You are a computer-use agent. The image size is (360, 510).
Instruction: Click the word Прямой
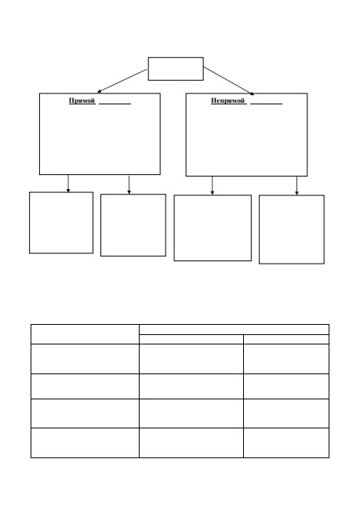click(x=82, y=101)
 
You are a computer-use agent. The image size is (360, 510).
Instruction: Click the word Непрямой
click(x=227, y=101)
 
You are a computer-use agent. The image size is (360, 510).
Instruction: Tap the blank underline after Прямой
click(x=115, y=104)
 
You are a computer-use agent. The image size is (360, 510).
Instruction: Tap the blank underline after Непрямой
click(x=266, y=104)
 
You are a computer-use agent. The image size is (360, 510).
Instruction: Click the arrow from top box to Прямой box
click(x=122, y=81)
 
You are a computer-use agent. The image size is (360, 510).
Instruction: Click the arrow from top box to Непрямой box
click(x=229, y=81)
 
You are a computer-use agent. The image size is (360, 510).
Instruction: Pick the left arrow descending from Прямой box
click(x=68, y=184)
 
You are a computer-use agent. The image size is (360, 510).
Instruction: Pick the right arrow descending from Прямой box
click(x=129, y=185)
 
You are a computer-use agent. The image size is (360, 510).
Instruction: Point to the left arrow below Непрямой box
click(x=213, y=186)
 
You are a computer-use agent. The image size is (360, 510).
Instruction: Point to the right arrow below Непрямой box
click(x=296, y=186)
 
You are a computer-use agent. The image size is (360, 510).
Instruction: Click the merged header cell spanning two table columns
click(x=235, y=330)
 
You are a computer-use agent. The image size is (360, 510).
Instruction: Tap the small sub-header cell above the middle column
click(x=191, y=339)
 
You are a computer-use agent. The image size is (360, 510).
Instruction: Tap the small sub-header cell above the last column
click(x=286, y=339)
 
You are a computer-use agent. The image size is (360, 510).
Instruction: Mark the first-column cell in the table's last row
click(x=85, y=443)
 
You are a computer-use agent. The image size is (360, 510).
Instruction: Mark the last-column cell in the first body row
click(x=286, y=359)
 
